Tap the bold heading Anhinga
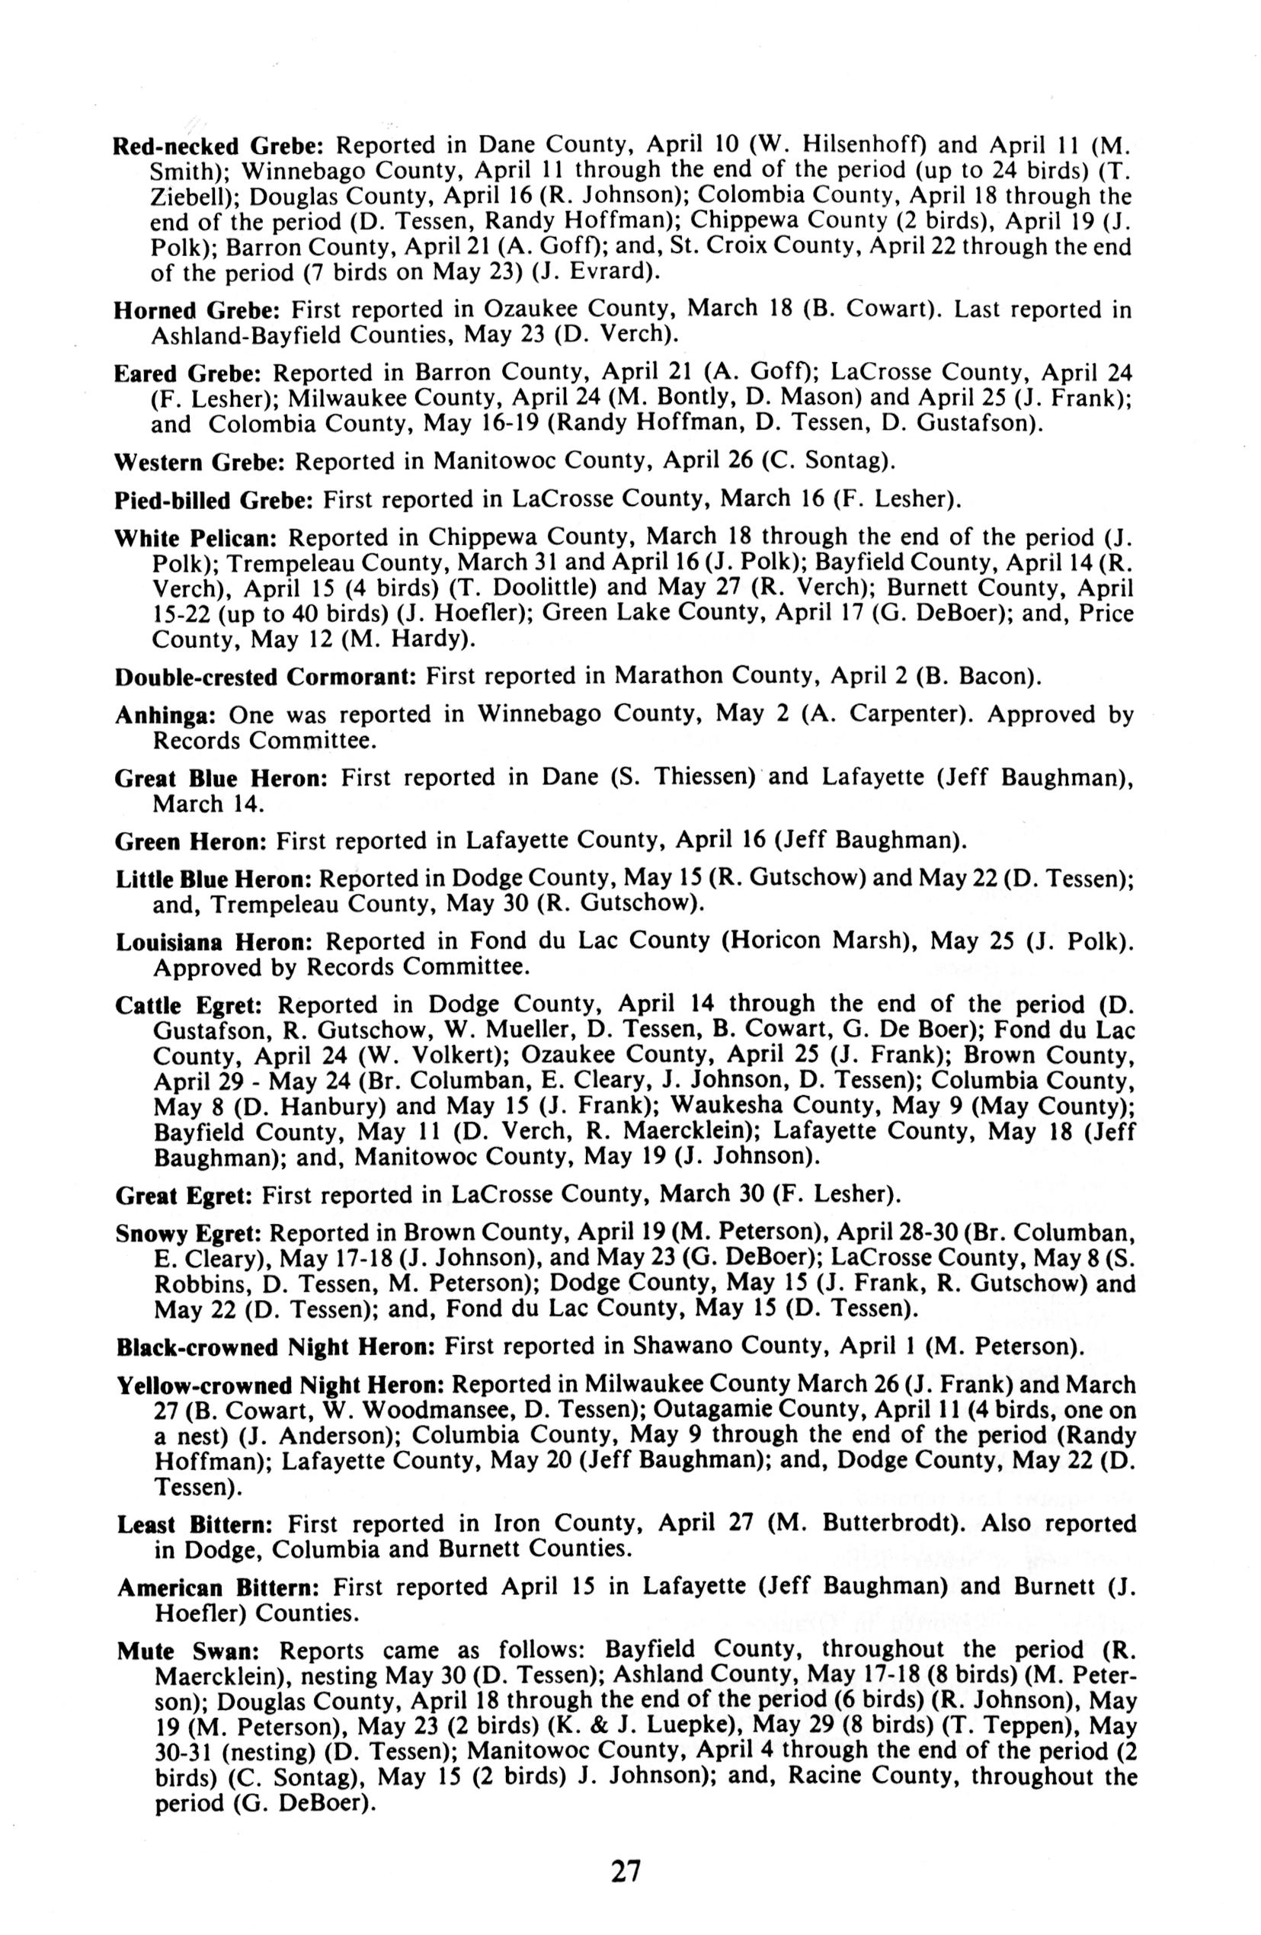[x=165, y=716]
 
